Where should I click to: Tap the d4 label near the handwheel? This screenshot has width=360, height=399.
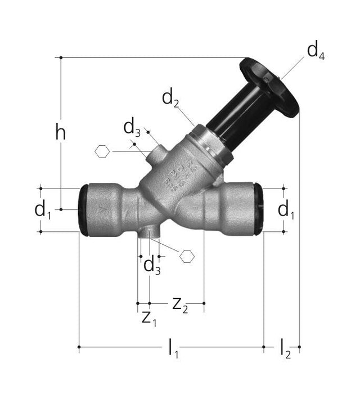tap(316, 52)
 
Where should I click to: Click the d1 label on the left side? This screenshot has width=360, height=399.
tap(43, 210)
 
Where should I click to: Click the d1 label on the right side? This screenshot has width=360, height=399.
tap(286, 210)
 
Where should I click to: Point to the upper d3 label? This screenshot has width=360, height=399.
tap(132, 129)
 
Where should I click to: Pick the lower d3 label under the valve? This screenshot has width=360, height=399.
tap(152, 266)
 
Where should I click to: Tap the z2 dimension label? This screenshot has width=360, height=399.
tap(180, 306)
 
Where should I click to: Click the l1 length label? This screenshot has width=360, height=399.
tap(173, 348)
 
